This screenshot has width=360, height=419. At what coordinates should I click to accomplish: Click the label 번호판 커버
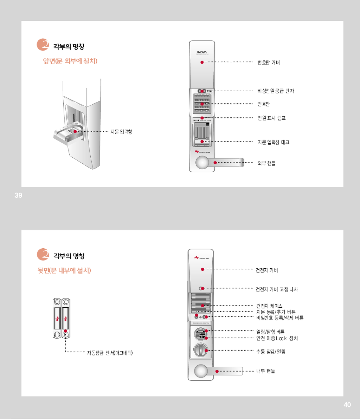pos(269,63)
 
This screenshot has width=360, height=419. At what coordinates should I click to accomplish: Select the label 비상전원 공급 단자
pos(276,91)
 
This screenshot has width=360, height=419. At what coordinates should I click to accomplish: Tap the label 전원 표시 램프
pos(271,118)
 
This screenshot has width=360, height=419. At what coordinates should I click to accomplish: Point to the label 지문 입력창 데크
pos(273,142)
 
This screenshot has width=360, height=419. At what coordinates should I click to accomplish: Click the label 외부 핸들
pos(266,163)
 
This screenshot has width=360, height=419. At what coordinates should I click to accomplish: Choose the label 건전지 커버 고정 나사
pos(277,289)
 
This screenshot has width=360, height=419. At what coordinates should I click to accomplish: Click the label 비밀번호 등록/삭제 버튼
pos(279,318)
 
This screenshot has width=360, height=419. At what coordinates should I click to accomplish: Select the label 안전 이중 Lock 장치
pos(277,338)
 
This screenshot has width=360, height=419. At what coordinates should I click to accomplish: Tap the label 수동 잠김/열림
pos(270,352)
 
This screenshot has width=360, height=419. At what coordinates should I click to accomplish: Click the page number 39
pos(18,196)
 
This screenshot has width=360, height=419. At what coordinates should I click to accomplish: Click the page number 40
pos(347,405)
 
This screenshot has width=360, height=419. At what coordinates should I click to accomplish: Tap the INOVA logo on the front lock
pos(202,53)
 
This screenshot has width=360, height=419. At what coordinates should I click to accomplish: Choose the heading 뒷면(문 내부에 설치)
pos(64,270)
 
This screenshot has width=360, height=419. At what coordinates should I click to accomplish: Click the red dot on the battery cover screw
pos(202,288)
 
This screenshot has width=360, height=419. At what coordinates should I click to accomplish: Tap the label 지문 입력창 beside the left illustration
pos(121,132)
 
